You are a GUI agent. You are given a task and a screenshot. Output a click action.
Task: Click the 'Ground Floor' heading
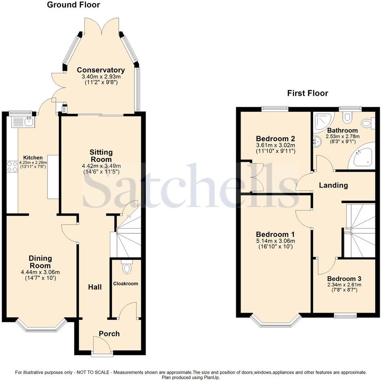73,5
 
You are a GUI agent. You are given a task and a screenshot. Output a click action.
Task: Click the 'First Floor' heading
307,93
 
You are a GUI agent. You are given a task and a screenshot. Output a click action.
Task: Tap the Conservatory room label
101,70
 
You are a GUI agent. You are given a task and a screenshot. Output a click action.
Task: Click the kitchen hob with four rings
12,167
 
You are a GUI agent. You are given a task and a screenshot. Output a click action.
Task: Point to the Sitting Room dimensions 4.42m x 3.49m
101,166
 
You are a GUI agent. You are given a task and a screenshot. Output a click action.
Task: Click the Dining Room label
40,262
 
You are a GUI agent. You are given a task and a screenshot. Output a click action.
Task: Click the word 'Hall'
95,287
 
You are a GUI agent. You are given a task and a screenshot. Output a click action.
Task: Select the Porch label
109,334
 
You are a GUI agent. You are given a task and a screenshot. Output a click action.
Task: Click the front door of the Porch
101,347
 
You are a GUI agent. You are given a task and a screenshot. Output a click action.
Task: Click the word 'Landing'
333,185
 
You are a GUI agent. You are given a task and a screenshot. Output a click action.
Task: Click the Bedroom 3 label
344,278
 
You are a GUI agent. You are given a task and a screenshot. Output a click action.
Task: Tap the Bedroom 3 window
345,316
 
